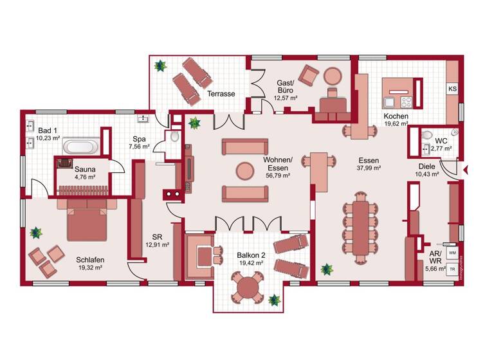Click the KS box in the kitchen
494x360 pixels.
(x=452, y=89)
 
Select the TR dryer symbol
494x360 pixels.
(x=453, y=268)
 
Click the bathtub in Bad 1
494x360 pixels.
(x=80, y=146)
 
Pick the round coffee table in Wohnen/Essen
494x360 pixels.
(x=244, y=170)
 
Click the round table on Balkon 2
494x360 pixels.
(x=247, y=287)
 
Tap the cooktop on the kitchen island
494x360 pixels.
(x=407, y=101)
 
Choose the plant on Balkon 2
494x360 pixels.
(x=275, y=300)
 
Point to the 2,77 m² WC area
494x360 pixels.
(x=441, y=148)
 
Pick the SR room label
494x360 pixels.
(x=156, y=236)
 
